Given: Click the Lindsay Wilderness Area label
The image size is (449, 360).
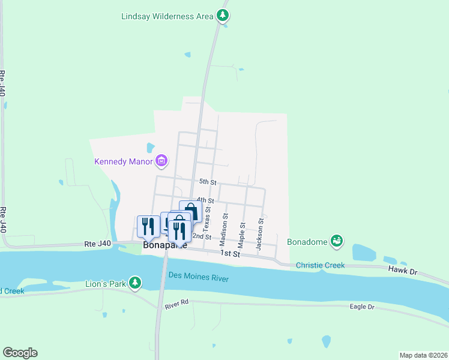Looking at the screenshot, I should (167, 16).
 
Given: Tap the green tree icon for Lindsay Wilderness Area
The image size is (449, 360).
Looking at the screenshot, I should (223, 16).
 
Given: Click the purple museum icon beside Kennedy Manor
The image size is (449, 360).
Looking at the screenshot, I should (161, 161).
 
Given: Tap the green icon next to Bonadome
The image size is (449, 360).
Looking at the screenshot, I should (337, 241).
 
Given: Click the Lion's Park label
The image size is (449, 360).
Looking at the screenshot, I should (105, 282).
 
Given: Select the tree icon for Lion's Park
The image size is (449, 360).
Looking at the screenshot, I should (136, 282).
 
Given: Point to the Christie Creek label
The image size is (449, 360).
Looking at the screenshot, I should (321, 265).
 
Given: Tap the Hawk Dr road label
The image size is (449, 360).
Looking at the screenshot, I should (403, 272).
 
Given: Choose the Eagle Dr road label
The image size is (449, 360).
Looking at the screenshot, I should (362, 307).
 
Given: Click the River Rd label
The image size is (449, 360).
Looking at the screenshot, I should (176, 306).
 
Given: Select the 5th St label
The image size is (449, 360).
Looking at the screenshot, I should (208, 182).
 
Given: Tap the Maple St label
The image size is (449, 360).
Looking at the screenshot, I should (242, 235).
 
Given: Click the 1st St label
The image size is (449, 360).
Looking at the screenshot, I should (230, 254).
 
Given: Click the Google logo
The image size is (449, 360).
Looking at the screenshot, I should (20, 353).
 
